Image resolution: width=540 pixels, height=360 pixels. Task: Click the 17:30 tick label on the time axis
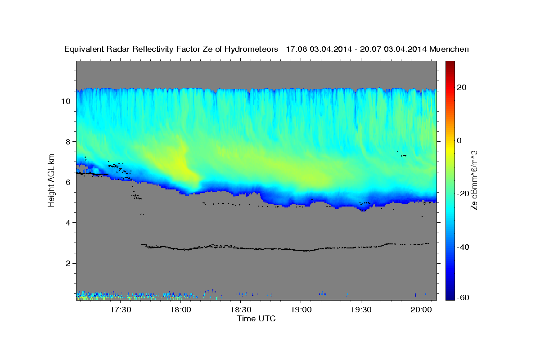(x=120, y=310)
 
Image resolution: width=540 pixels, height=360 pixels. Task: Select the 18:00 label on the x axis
(x=180, y=310)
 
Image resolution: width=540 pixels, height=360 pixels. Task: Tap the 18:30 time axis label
(x=241, y=310)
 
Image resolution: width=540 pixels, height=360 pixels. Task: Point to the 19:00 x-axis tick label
(x=301, y=310)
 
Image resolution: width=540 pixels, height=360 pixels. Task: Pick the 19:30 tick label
(x=361, y=310)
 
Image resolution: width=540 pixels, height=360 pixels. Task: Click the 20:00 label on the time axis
(x=421, y=310)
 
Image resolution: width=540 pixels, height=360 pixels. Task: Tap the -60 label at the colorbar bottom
(x=464, y=298)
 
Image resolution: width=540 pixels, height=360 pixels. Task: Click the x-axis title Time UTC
(x=256, y=319)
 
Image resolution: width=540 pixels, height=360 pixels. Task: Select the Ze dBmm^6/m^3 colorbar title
(x=473, y=180)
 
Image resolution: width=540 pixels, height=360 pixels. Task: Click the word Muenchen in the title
(x=449, y=49)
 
